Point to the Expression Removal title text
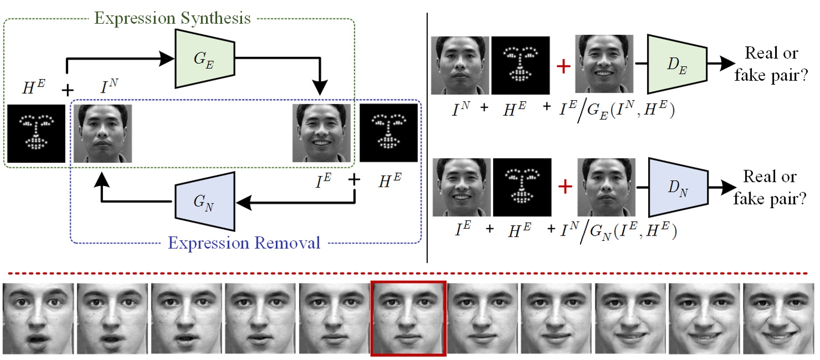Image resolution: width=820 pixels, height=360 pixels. (244, 243)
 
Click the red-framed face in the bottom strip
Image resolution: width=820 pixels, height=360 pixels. (409, 318)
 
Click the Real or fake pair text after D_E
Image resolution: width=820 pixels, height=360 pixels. (771, 63)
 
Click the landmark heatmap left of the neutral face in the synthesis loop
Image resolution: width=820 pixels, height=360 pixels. (36, 133)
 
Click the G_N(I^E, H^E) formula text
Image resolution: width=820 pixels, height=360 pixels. (633, 231)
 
